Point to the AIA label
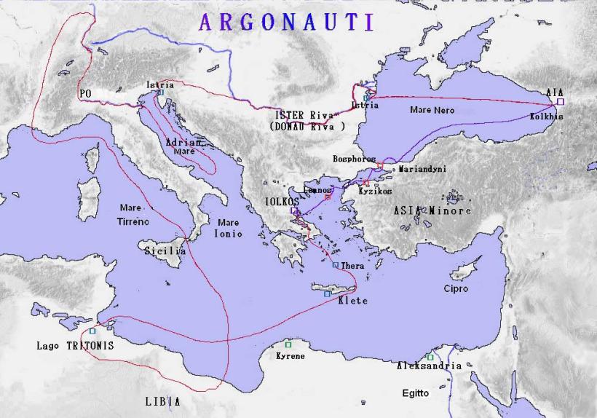554,93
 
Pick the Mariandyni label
422,169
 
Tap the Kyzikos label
375,192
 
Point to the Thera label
352,267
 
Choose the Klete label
353,301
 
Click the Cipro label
456,289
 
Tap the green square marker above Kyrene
288,344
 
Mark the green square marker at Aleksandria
430,356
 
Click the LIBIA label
162,401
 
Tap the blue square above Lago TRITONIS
92,331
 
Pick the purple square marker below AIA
561,102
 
